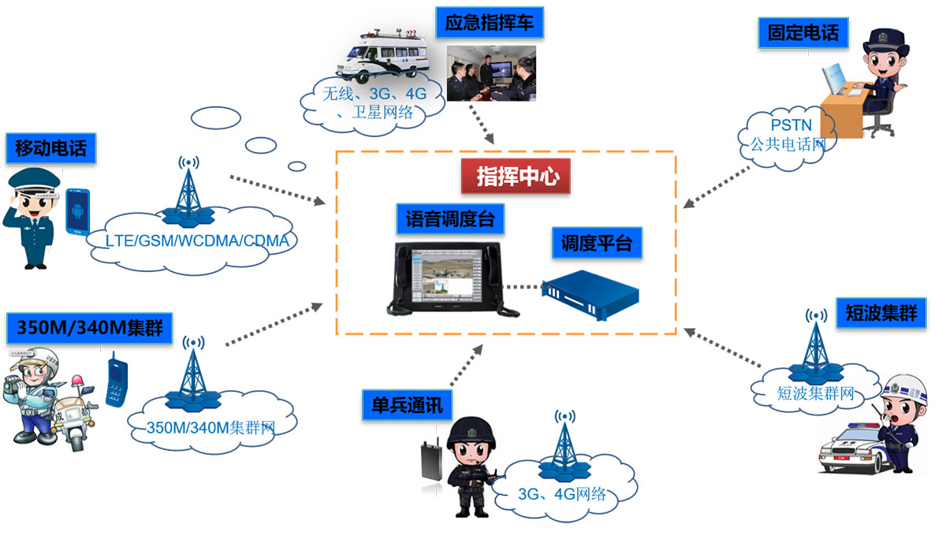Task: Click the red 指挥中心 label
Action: (516, 177)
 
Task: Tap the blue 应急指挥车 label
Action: (489, 22)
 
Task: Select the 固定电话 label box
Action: (803, 32)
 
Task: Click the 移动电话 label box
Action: (50, 147)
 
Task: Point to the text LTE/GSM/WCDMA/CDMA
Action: (197, 240)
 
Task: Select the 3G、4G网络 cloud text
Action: (562, 494)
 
